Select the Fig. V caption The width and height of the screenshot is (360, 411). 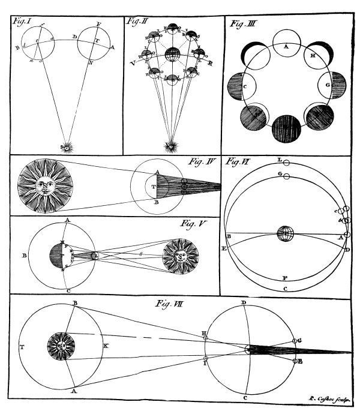pos(193,223)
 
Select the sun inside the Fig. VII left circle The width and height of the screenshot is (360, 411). pos(61,346)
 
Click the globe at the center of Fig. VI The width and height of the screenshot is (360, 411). pos(285,233)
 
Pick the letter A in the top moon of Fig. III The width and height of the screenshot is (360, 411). pos(287,45)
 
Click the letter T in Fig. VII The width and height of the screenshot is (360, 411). pos(22,347)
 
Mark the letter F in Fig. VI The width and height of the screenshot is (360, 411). pos(284,278)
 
